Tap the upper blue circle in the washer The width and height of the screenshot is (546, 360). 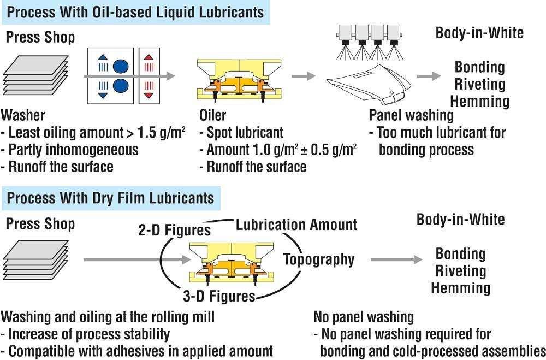tap(120, 67)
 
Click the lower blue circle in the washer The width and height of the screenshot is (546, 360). tap(120, 86)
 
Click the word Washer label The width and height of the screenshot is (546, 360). tap(23, 116)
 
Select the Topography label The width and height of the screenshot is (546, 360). tap(319, 259)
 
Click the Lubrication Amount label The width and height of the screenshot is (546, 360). tap(296, 225)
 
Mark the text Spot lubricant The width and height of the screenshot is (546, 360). tap(245, 132)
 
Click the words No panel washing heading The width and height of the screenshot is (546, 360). tap(364, 317)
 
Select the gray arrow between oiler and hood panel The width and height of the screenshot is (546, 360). tap(303, 76)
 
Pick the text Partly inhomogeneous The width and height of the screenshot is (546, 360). tap(73, 149)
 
